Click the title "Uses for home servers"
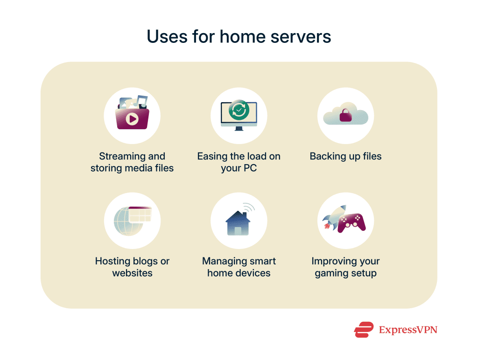point(239,36)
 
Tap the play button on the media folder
point(132,119)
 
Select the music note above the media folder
point(141,100)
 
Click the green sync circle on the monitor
point(239,111)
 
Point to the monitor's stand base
point(239,129)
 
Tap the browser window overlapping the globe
point(140,214)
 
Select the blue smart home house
point(237,223)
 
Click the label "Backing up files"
point(345,156)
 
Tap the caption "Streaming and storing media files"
point(132,162)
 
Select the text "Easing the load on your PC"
point(239,162)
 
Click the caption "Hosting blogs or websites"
point(132,267)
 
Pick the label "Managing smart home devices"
point(239,267)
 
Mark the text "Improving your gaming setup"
point(345,267)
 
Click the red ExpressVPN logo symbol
point(364,330)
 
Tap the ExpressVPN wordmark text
point(408,330)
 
